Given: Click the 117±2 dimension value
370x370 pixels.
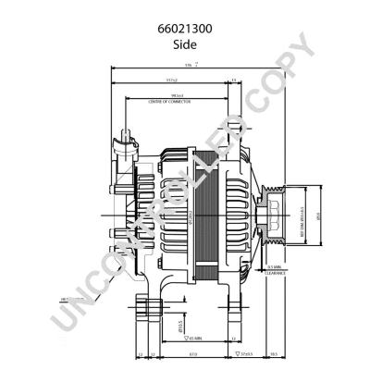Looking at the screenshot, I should [x=172, y=80].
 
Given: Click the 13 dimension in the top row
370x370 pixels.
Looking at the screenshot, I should [x=234, y=80].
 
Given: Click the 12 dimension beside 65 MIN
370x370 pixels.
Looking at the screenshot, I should [x=138, y=353].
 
